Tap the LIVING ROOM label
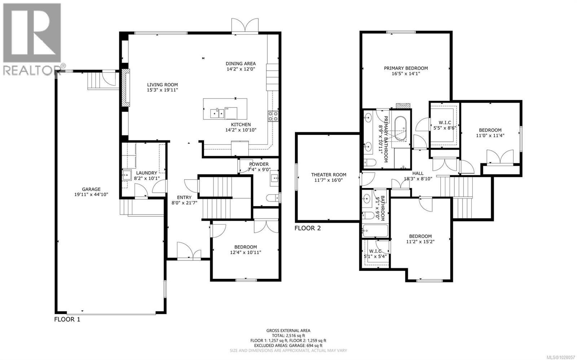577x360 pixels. tap(162, 85)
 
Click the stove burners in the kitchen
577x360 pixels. tap(273, 116)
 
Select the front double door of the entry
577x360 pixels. tap(189, 251)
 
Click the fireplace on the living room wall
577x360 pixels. tap(125, 88)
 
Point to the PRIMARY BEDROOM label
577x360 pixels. tap(406, 68)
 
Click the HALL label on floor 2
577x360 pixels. tap(418, 173)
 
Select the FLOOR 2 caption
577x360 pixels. tap(307, 228)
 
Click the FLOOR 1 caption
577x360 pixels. tap(67, 319)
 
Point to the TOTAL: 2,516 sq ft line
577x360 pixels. tap(288, 335)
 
